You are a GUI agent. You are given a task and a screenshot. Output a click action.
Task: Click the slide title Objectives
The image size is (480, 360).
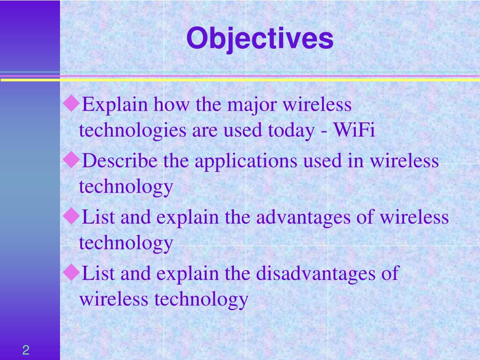coord(260,38)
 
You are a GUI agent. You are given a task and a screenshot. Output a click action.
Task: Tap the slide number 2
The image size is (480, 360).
coord(26,350)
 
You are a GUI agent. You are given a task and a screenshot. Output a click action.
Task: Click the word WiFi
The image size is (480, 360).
coord(354,130)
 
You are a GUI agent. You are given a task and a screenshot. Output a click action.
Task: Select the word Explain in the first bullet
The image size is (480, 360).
coord(115,105)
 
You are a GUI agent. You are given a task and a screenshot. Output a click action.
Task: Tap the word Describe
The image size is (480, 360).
coord(120,160)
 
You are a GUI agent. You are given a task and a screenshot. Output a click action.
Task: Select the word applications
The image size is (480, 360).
coord(246,162)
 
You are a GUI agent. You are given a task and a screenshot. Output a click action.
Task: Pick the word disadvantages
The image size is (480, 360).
coord(315,274)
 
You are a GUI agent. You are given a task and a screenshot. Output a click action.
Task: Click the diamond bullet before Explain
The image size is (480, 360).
coord(71,103)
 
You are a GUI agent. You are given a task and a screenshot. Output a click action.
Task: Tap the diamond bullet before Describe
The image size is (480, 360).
coord(71,159)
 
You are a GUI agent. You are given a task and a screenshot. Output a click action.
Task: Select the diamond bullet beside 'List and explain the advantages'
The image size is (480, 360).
coord(71,216)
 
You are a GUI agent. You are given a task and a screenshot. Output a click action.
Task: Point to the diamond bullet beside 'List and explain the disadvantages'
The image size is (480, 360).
coord(71,272)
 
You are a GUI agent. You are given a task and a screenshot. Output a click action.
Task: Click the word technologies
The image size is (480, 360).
coord(133,131)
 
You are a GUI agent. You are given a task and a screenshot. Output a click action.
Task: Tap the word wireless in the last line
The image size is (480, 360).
coord(114,299)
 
